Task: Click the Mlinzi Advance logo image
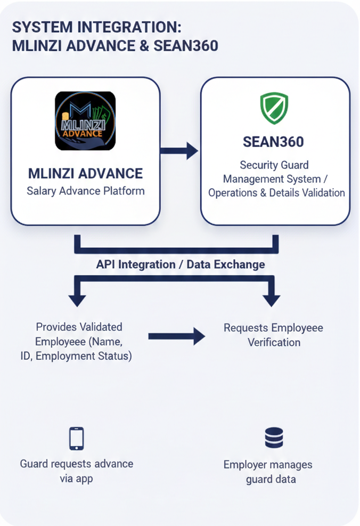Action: pyautogui.click(x=85, y=121)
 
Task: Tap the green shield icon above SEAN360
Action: pyautogui.click(x=274, y=108)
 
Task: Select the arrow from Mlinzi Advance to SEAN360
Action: pyautogui.click(x=179, y=151)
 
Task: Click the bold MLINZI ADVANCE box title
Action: pyautogui.click(x=85, y=174)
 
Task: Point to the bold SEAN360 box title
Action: pyautogui.click(x=273, y=142)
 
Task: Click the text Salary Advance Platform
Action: pyautogui.click(x=85, y=191)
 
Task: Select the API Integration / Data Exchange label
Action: pyautogui.click(x=180, y=264)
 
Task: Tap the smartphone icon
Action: pyautogui.click(x=77, y=439)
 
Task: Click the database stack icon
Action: pyautogui.click(x=274, y=438)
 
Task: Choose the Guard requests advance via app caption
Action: pyautogui.click(x=77, y=471)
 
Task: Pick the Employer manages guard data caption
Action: pyautogui.click(x=268, y=472)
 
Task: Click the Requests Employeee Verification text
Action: pyautogui.click(x=273, y=335)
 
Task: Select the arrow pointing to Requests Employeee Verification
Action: pyautogui.click(x=176, y=336)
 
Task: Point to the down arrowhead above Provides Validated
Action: pyautogui.click(x=77, y=298)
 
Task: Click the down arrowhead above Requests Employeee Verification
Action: pyautogui.click(x=272, y=298)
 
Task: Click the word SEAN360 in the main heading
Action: pyautogui.click(x=186, y=46)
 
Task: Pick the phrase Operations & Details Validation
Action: pyautogui.click(x=276, y=192)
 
